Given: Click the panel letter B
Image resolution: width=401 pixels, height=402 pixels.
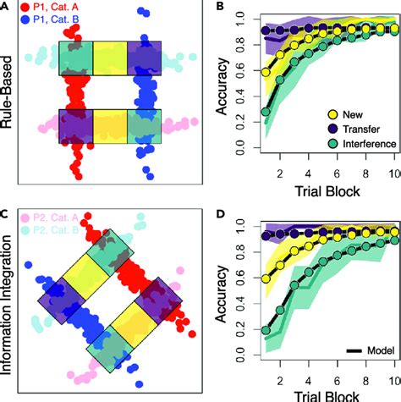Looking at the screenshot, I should (220, 8).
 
